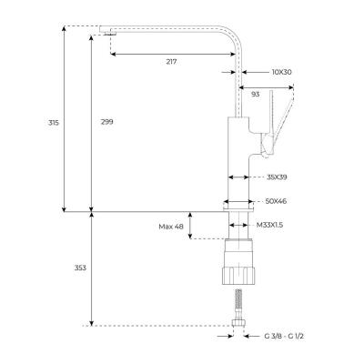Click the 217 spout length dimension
pos(171,62)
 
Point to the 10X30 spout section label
pos(282,72)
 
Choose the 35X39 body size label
pos(278,177)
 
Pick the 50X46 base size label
pos(278,201)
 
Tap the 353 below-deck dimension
pos(79,268)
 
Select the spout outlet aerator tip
pos(108,34)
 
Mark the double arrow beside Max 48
pos(189,225)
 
